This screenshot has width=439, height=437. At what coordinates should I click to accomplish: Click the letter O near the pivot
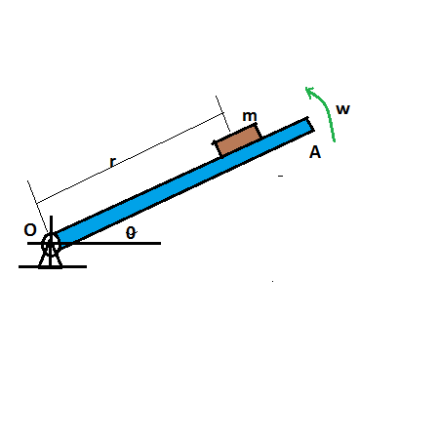[x=30, y=230]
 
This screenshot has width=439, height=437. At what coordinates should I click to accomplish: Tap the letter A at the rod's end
[x=315, y=152]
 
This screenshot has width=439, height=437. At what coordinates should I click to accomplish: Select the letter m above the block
[x=250, y=116]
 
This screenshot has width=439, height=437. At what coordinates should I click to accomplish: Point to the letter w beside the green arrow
[x=342, y=109]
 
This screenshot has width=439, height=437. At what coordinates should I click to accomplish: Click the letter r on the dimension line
[x=112, y=162]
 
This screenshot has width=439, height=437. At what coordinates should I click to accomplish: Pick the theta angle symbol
[x=131, y=233]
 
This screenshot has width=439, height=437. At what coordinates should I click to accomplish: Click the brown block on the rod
[x=238, y=140]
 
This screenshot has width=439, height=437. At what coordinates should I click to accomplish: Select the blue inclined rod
[x=182, y=182]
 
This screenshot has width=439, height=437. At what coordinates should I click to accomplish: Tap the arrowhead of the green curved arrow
[x=308, y=90]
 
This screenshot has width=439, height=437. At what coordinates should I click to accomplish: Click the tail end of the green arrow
[x=334, y=141]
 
